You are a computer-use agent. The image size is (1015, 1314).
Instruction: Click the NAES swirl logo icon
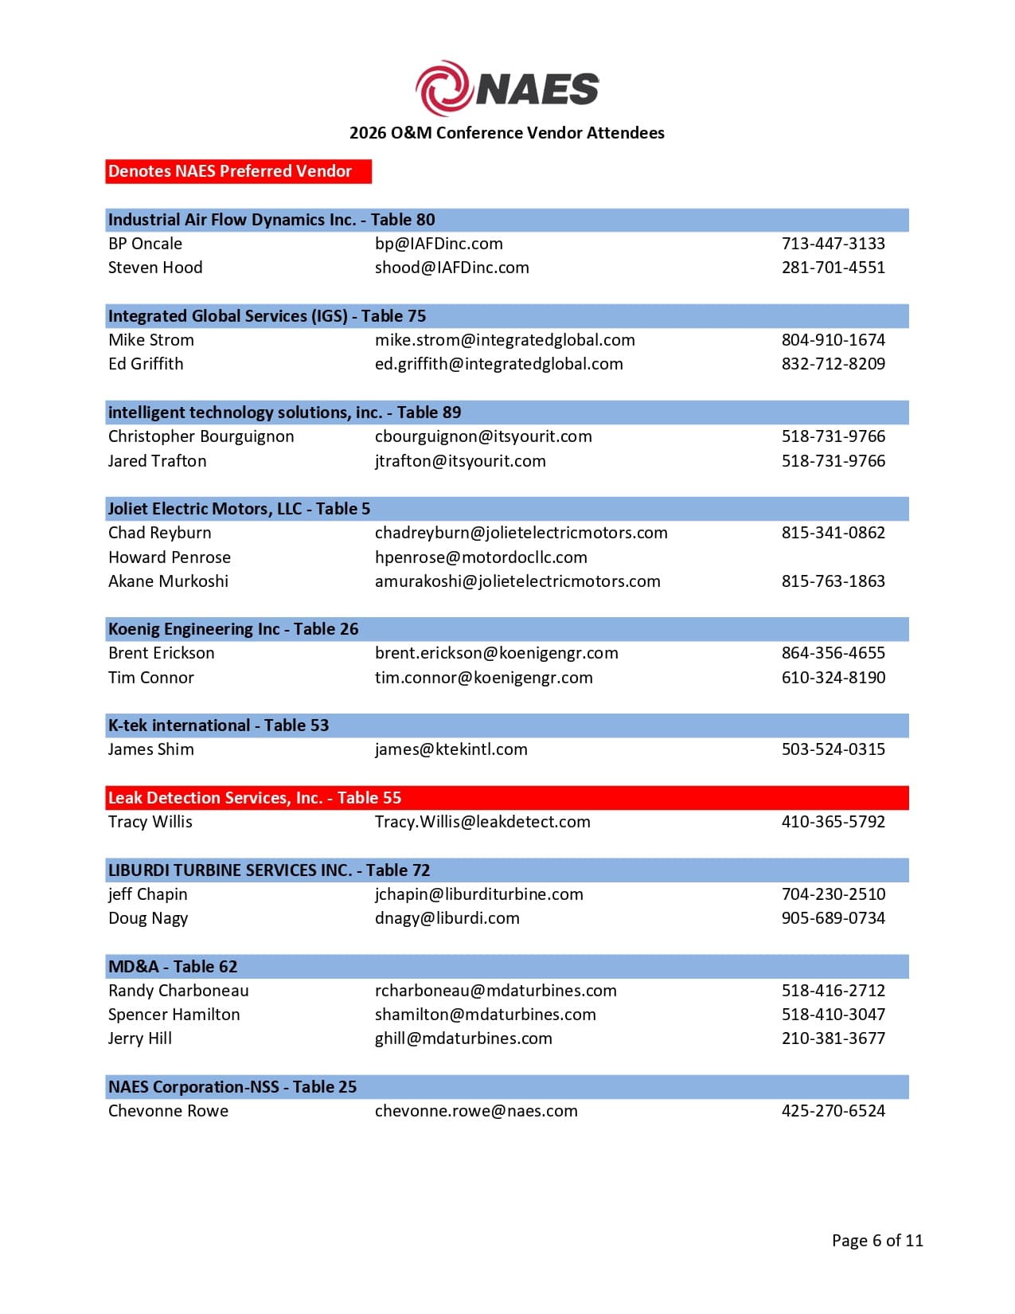tap(443, 88)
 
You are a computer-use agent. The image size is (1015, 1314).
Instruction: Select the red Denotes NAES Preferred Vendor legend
tap(238, 171)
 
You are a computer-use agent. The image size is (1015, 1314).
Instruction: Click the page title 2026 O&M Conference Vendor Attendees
tap(506, 133)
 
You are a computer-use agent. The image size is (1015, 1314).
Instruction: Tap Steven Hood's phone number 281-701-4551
tap(833, 268)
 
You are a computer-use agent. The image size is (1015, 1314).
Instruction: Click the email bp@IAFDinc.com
tap(439, 244)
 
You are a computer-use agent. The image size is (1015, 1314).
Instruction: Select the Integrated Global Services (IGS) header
tap(267, 316)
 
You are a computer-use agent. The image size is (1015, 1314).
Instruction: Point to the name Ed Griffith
tap(146, 364)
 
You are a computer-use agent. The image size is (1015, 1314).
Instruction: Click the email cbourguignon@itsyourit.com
tap(483, 436)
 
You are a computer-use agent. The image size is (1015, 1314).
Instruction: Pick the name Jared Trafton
tap(158, 461)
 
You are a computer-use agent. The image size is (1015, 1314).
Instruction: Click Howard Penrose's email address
tap(481, 557)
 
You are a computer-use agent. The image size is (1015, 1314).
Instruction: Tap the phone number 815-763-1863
tap(833, 581)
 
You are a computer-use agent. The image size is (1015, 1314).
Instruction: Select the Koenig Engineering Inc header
tap(233, 629)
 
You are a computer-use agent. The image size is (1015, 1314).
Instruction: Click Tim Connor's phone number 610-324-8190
tap(833, 678)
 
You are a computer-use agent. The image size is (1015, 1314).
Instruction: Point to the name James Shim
tap(151, 749)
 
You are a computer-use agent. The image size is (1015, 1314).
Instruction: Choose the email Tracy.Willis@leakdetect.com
tap(482, 822)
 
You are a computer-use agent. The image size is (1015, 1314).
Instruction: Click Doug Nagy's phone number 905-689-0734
tap(833, 918)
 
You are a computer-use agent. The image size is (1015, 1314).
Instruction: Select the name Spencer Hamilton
tap(174, 1015)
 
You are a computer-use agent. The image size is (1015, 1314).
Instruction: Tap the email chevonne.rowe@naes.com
tap(476, 1111)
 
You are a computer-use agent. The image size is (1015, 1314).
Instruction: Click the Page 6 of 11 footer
tap(877, 1241)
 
